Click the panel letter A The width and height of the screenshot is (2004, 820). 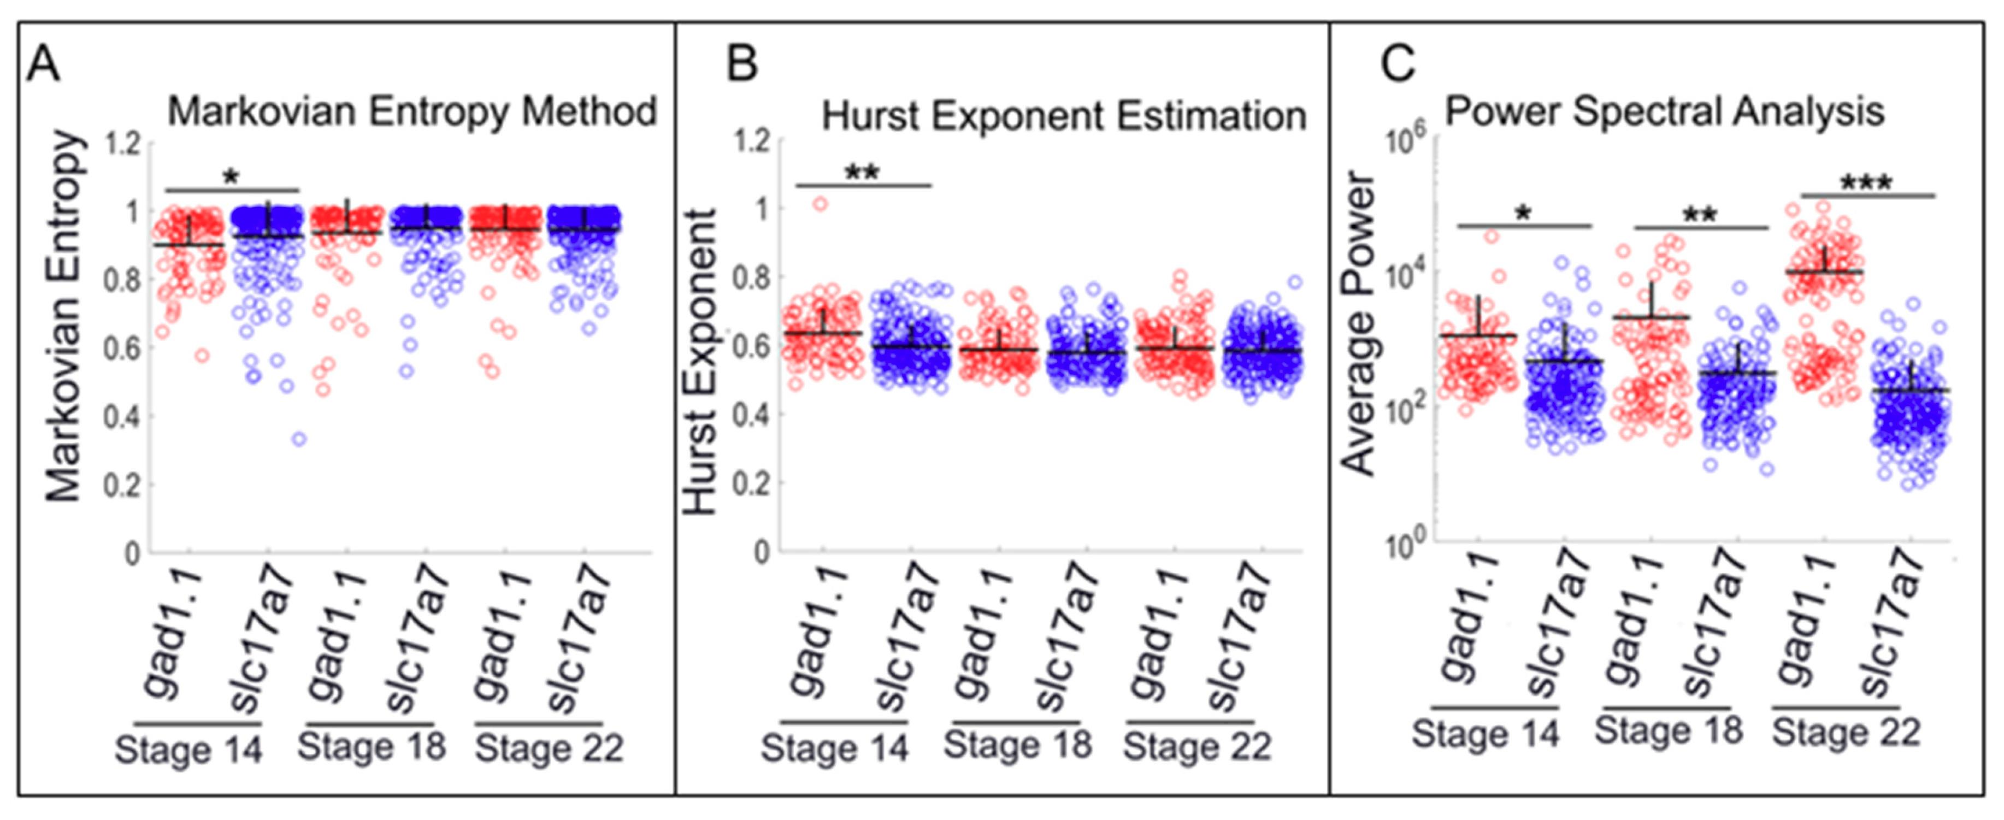(x=44, y=64)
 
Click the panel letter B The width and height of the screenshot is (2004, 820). (x=741, y=64)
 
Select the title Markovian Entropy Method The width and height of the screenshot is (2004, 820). (x=412, y=111)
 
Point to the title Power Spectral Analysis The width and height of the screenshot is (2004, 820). (x=1665, y=111)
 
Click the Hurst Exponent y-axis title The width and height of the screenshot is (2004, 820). (x=701, y=362)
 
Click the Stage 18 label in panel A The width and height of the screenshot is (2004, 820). (x=372, y=747)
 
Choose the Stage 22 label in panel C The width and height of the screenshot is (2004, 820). (x=1846, y=732)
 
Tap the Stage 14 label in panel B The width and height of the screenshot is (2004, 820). (x=835, y=748)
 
